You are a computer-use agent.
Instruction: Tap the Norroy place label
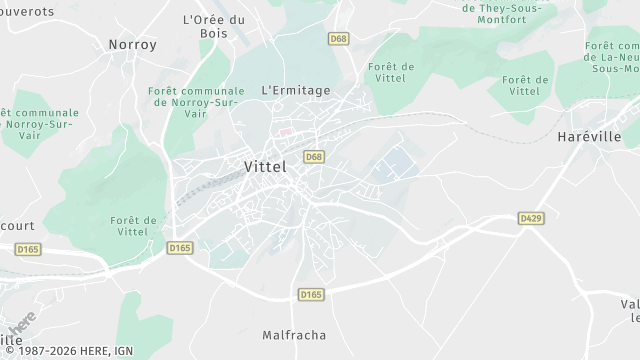tap(132, 44)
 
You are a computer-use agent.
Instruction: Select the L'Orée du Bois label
tap(214, 26)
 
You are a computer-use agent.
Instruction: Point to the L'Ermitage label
tap(295, 90)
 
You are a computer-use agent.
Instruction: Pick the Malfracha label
tap(294, 335)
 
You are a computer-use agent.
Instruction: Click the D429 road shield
tap(530, 217)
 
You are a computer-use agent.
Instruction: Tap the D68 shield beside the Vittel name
tap(314, 157)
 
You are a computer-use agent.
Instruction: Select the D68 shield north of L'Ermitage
tap(338, 39)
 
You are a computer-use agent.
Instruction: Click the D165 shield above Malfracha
tap(311, 294)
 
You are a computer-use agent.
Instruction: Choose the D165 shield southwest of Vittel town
tap(180, 247)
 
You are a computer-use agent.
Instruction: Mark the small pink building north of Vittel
tap(285, 131)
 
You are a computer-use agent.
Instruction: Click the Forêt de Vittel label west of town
tap(133, 226)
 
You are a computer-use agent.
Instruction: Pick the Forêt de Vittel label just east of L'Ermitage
tap(391, 72)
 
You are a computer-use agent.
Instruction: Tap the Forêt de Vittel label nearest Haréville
tap(527, 85)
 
